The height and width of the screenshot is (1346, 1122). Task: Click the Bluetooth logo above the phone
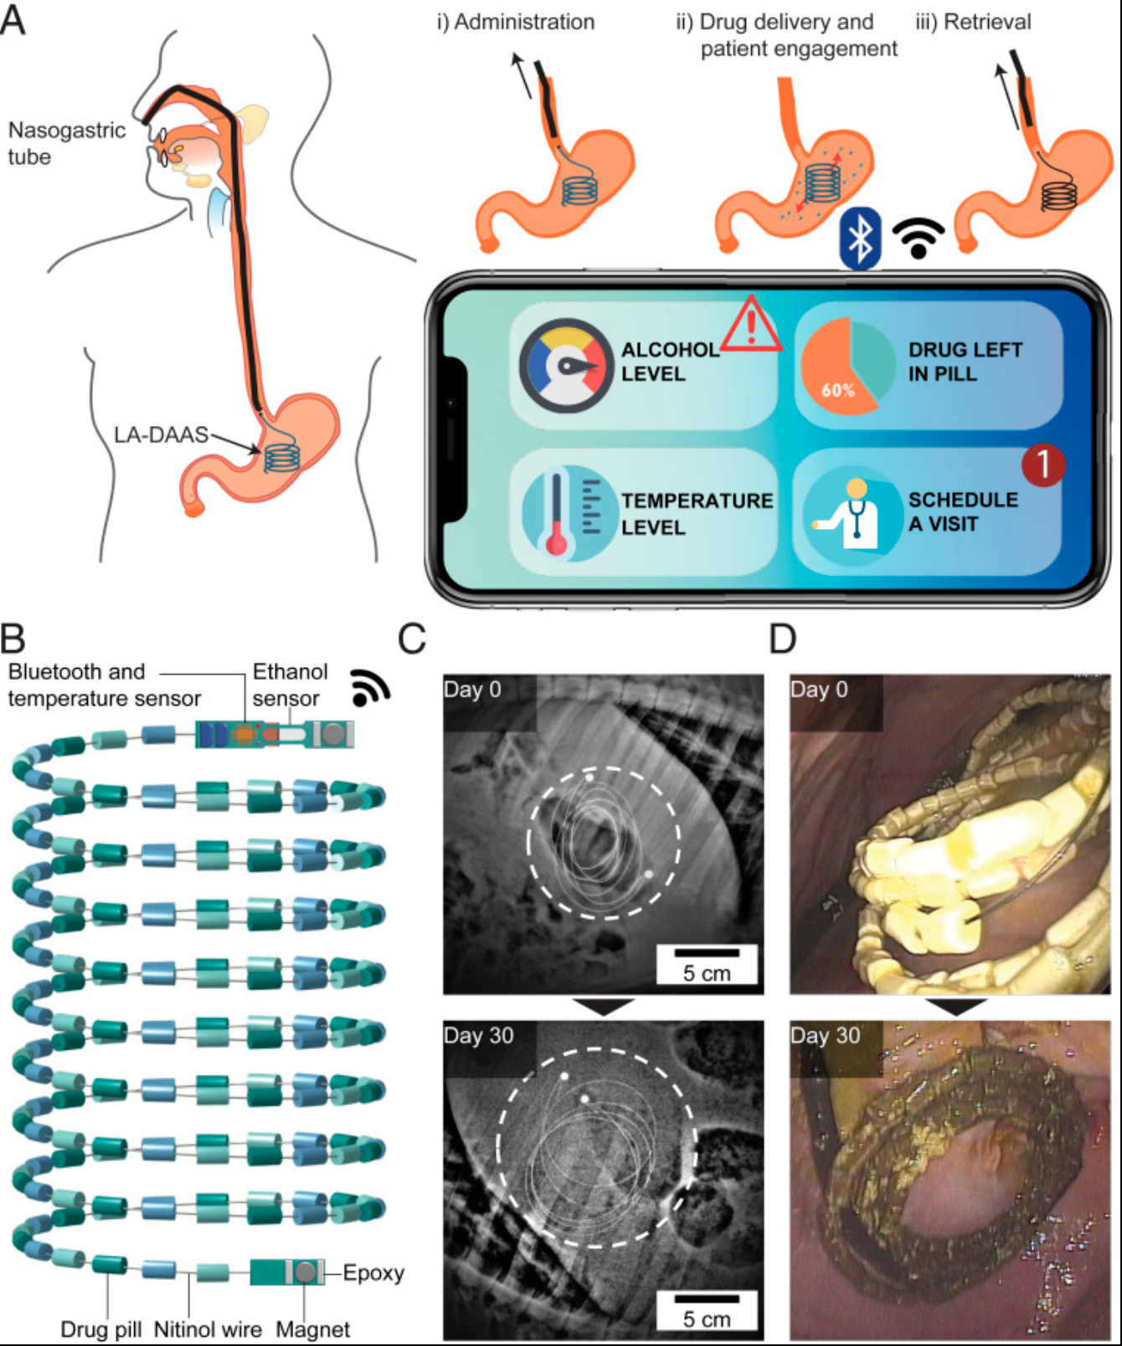[x=861, y=239]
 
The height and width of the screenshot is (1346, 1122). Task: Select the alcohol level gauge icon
[x=566, y=366]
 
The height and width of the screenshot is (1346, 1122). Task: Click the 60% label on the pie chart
[x=837, y=390]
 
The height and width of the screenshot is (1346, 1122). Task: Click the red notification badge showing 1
[x=1042, y=464]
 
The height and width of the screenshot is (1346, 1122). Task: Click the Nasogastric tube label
[x=66, y=143]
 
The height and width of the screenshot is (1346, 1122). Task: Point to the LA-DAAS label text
[x=161, y=434]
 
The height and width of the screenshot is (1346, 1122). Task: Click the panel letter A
[x=13, y=19]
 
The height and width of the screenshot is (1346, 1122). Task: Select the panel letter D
[x=782, y=639]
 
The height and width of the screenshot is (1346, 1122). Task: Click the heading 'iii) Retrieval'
[x=973, y=22]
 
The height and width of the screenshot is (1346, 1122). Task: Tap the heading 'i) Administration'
[x=516, y=22]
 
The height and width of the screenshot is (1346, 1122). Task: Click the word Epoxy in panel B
[x=373, y=1273]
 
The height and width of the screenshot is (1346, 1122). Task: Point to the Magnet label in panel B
[x=312, y=1329]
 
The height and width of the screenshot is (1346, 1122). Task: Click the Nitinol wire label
[x=208, y=1329]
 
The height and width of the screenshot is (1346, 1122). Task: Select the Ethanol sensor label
[x=290, y=685]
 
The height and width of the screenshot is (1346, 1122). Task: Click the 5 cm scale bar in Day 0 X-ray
[x=707, y=953]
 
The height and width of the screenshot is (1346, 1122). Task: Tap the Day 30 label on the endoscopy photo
[x=826, y=1035]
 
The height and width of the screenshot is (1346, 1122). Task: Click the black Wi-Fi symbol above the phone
[x=918, y=238]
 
